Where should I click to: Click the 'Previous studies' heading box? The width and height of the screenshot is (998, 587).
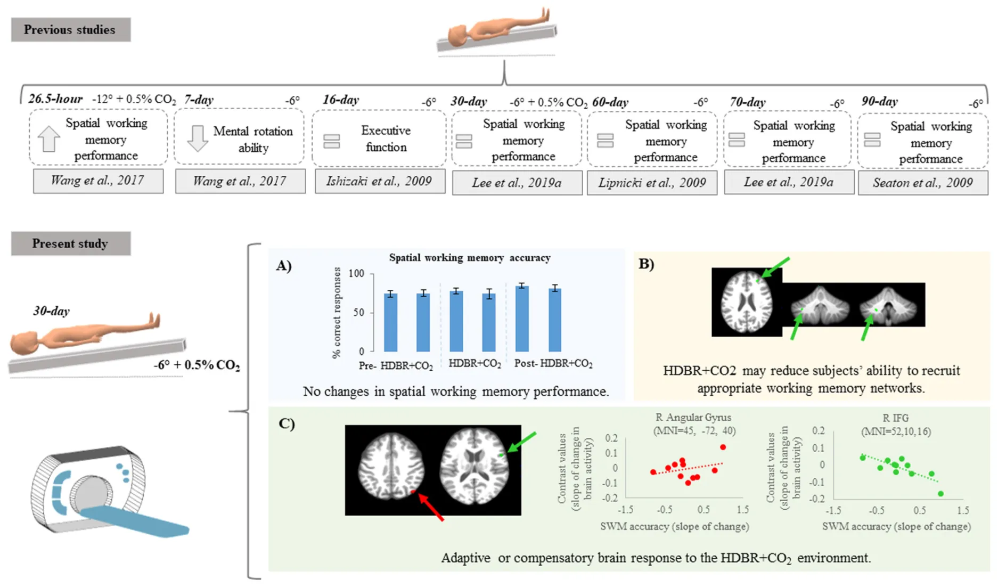click(x=70, y=30)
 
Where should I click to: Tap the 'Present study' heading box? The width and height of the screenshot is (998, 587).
click(x=70, y=243)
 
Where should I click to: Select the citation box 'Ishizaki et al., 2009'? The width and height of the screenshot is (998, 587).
click(x=379, y=181)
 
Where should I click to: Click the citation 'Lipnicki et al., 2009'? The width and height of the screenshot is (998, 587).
click(x=652, y=183)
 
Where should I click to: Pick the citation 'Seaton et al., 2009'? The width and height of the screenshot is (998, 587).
click(x=922, y=183)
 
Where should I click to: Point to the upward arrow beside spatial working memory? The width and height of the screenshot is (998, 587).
click(x=49, y=138)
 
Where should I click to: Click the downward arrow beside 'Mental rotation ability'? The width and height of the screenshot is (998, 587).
click(x=198, y=138)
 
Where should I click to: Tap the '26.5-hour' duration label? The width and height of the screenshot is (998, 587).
click(x=55, y=99)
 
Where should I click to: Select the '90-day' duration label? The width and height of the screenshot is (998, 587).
click(x=879, y=101)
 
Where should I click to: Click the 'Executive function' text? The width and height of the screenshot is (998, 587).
click(x=386, y=138)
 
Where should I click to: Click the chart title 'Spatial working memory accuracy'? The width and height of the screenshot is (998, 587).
click(x=469, y=258)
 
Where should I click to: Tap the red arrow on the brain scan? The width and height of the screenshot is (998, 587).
click(x=431, y=507)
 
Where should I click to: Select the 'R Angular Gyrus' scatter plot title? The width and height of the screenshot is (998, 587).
click(x=693, y=418)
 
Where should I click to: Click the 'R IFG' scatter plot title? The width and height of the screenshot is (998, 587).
click(x=895, y=418)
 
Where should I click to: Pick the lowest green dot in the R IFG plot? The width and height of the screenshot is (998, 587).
click(x=940, y=494)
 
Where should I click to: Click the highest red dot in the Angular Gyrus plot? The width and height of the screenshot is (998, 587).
click(x=723, y=447)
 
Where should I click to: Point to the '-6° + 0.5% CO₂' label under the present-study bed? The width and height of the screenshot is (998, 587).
click(x=197, y=365)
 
